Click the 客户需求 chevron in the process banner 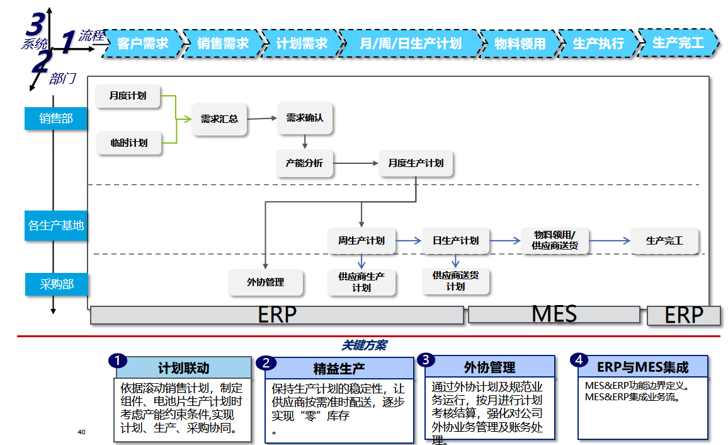pyautogui.click(x=143, y=43)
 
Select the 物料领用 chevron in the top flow pyautogui.click(x=520, y=43)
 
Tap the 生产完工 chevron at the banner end pyautogui.click(x=678, y=42)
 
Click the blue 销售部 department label pyautogui.click(x=56, y=118)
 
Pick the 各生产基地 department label pyautogui.click(x=56, y=226)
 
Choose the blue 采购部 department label pyautogui.click(x=57, y=284)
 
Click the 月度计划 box pyautogui.click(x=128, y=96)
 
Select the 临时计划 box pyautogui.click(x=129, y=143)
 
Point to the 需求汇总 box pyautogui.click(x=219, y=118)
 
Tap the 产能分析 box pyautogui.click(x=304, y=163)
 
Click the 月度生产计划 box pyautogui.click(x=416, y=163)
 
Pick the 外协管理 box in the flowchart pyautogui.click(x=266, y=282)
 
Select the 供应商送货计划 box pyautogui.click(x=455, y=281)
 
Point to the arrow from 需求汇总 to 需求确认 pyautogui.click(x=262, y=118)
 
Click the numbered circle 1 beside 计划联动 pyautogui.click(x=117, y=361)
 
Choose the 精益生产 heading pyautogui.click(x=339, y=368)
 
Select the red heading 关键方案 pyautogui.click(x=364, y=345)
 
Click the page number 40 pyautogui.click(x=81, y=432)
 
